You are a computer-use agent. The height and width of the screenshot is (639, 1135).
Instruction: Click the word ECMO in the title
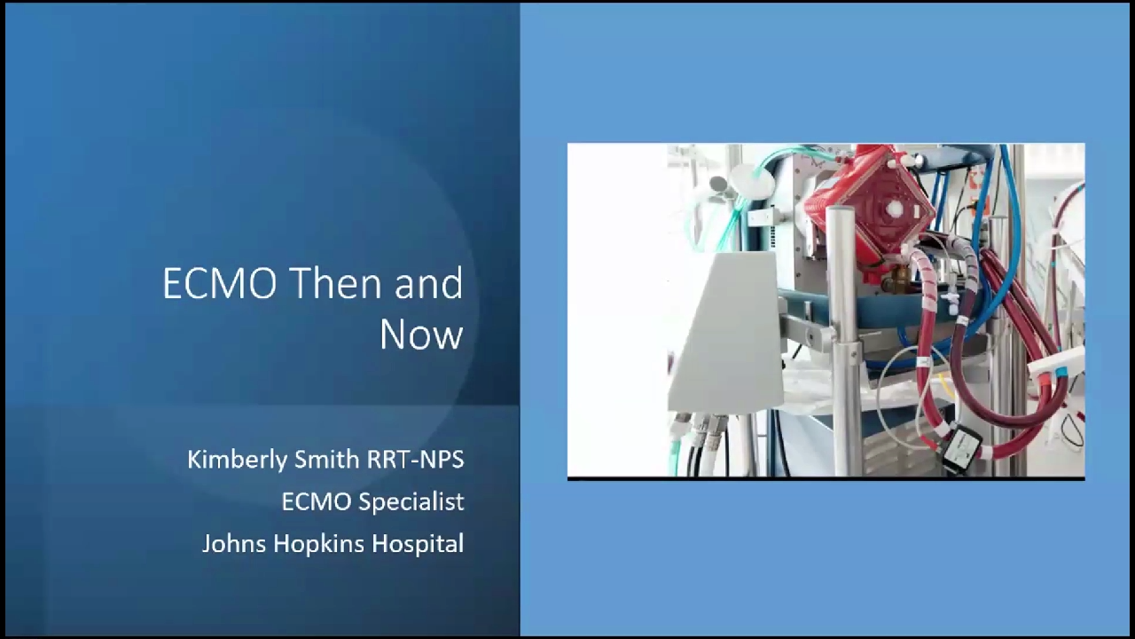click(x=221, y=283)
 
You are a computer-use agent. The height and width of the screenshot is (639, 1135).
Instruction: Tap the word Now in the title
click(x=421, y=335)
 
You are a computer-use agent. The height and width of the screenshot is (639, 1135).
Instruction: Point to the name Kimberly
click(x=238, y=460)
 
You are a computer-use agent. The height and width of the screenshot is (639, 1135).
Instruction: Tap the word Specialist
click(x=411, y=502)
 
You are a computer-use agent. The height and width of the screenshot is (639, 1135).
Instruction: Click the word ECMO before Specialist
click(x=317, y=502)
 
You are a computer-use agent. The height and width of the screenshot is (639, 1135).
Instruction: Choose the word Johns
click(x=233, y=544)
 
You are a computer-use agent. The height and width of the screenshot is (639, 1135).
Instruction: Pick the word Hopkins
click(x=318, y=545)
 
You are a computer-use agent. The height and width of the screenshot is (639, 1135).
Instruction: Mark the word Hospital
click(x=418, y=545)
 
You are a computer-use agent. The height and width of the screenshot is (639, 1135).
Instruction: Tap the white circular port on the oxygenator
click(x=895, y=208)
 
